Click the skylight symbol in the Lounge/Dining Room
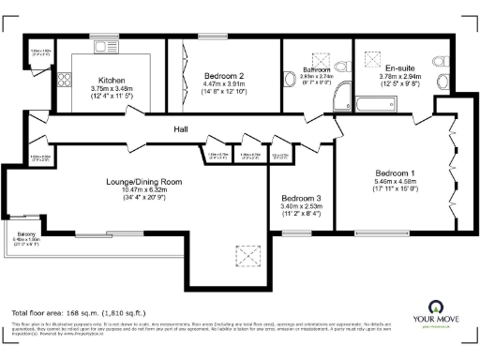(248, 253)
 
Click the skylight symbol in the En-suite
(369, 53)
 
